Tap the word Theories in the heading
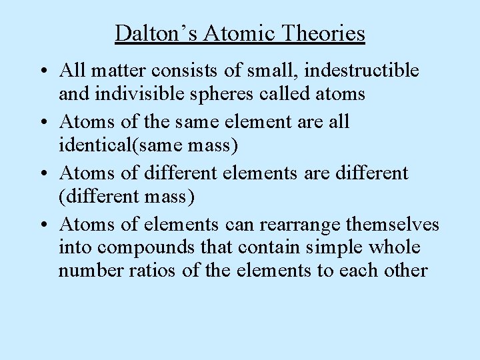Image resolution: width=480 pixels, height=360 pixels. tap(325, 33)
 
